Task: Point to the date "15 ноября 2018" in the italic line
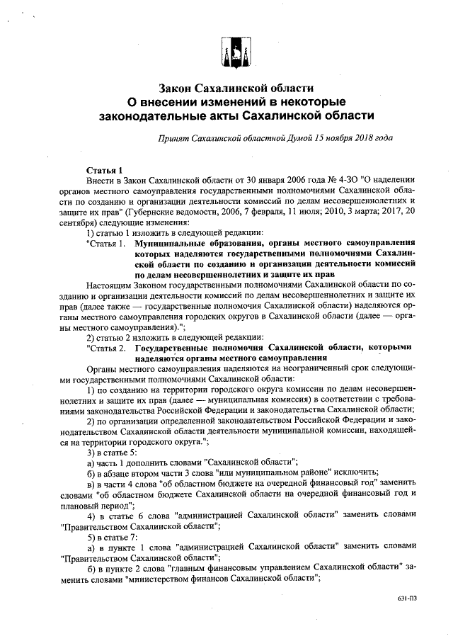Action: (344, 138)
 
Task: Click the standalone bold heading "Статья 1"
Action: (105, 171)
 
